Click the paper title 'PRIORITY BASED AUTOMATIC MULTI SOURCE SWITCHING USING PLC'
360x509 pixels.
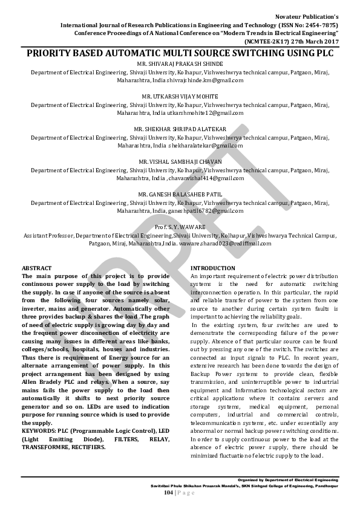click(x=180, y=53)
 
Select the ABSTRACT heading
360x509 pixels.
click(x=37, y=268)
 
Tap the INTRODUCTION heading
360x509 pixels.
click(x=213, y=268)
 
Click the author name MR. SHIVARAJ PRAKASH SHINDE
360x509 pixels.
click(x=180, y=63)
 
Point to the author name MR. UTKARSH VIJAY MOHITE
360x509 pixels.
click(x=180, y=96)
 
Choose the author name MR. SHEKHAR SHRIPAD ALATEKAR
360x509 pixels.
click(x=180, y=129)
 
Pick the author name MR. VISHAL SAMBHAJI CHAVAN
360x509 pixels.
click(x=180, y=162)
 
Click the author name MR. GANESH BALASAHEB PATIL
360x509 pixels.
click(x=180, y=195)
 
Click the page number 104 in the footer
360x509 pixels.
click(x=168, y=493)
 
